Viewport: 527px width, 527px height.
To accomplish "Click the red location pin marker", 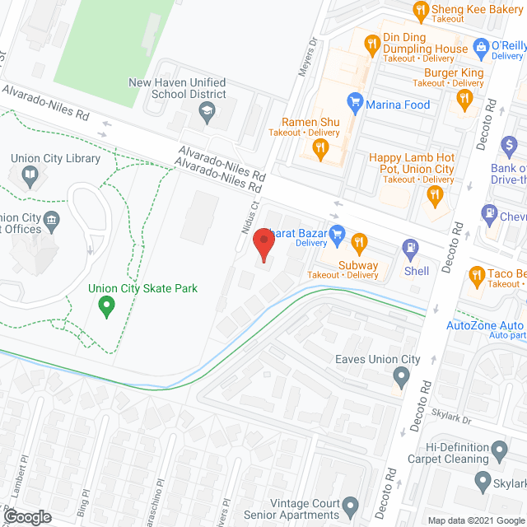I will point(263,245).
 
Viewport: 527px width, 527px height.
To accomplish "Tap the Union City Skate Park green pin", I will point(105,307).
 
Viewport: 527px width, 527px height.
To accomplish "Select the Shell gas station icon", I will point(409,247).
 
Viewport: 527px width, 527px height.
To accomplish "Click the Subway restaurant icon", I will point(358,242).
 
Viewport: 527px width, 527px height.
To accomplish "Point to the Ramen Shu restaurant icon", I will point(322,148).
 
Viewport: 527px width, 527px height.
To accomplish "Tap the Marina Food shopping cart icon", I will point(355,104).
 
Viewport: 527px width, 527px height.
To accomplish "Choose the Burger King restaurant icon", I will point(464,100).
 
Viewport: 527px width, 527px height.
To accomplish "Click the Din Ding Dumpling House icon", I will point(371,42).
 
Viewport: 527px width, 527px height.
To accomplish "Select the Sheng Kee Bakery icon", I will point(420,10).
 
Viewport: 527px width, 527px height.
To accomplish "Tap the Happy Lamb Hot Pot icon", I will point(436,195).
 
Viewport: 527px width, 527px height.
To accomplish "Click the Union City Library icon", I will point(30,175).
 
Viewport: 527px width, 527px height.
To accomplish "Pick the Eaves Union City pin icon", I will point(401,378).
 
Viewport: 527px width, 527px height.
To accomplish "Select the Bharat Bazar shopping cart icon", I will point(336,234).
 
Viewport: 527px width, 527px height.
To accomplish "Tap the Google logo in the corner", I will point(27,516).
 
